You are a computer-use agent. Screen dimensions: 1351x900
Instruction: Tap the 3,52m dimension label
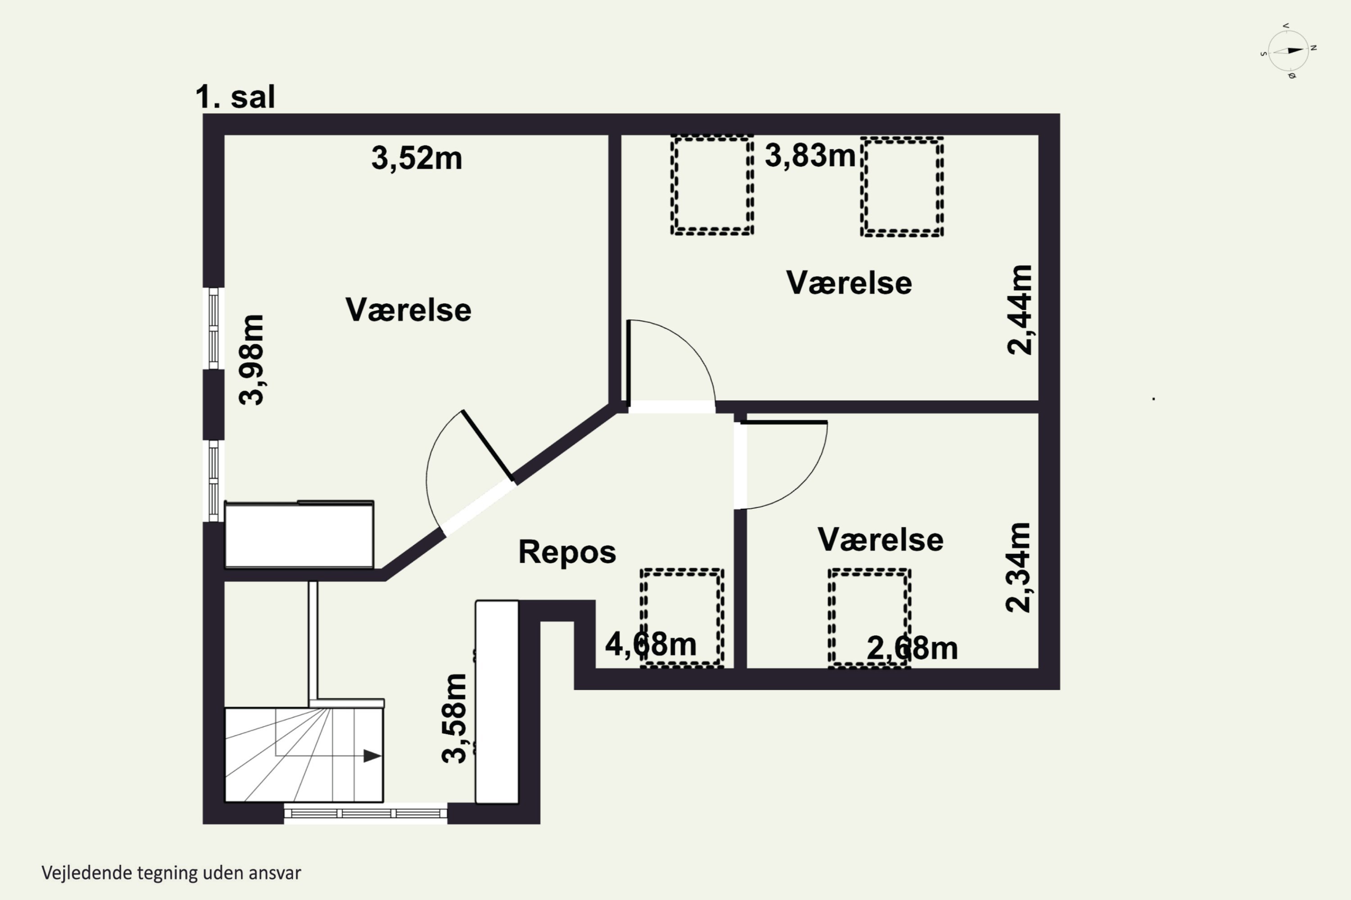(417, 158)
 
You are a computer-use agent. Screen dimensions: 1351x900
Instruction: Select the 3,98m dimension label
(252, 360)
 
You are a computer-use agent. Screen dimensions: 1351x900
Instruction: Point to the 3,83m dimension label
(810, 156)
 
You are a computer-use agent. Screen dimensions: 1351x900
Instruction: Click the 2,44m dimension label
(1020, 310)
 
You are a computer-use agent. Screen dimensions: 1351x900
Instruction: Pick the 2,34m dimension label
(1018, 567)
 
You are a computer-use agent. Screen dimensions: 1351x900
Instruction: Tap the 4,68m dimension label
(651, 644)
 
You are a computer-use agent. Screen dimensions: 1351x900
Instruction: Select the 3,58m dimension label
(454, 718)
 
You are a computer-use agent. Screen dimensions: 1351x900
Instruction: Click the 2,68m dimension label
(912, 648)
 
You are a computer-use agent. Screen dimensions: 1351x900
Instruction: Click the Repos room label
(567, 552)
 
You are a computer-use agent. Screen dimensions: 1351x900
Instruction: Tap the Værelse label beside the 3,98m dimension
(408, 310)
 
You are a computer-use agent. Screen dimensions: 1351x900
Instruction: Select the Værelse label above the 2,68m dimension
(880, 540)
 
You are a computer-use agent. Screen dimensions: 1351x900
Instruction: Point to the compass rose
(1288, 50)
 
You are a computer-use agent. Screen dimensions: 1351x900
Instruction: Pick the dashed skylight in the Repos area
(682, 618)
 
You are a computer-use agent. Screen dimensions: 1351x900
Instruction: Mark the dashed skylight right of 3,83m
(902, 187)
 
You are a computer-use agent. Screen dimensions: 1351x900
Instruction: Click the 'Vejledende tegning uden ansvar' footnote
(171, 873)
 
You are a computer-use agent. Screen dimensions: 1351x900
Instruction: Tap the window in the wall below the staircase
(366, 813)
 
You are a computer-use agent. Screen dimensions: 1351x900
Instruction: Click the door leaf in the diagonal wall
(488, 445)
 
